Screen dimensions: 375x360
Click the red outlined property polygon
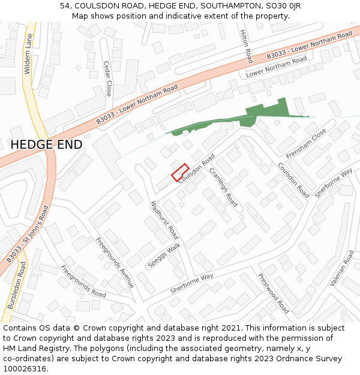181,172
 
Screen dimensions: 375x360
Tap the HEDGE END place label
46,145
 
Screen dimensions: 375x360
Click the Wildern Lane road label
28,54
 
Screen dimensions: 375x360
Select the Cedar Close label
107,79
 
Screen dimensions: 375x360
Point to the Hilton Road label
246,46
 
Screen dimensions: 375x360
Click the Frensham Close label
306,143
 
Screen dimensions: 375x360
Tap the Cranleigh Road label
223,187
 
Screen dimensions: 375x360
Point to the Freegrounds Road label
83,281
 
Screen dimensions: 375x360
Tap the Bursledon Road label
17,285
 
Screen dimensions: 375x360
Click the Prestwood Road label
274,293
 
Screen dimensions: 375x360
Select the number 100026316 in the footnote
25,369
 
